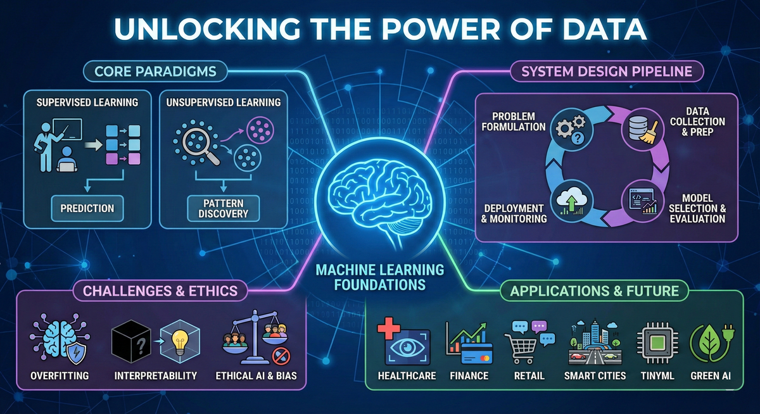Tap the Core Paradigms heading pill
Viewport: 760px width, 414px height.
point(155,72)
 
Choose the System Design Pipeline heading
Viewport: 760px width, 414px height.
point(606,72)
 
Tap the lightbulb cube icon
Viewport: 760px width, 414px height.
point(179,342)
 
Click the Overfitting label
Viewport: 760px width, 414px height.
point(60,376)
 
